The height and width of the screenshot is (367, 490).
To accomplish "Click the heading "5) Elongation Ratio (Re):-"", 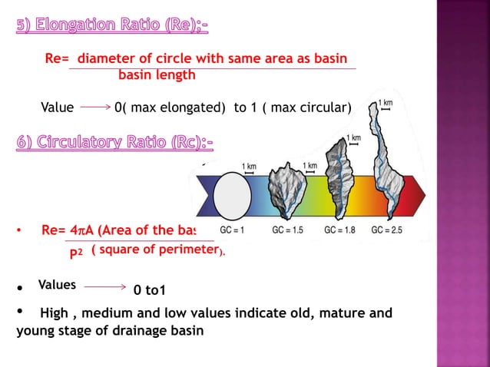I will (111, 27).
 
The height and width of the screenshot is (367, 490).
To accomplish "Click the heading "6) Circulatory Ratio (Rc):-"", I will (114, 143).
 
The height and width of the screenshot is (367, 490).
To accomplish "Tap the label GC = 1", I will (232, 230).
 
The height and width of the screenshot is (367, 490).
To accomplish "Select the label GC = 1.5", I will (288, 230).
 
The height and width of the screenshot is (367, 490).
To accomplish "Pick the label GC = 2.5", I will (388, 230).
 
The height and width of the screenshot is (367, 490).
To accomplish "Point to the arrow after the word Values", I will (104, 286).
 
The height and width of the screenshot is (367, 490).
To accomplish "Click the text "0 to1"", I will (150, 290).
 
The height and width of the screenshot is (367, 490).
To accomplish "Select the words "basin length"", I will (157, 75).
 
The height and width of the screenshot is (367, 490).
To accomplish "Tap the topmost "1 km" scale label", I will (386, 103).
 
